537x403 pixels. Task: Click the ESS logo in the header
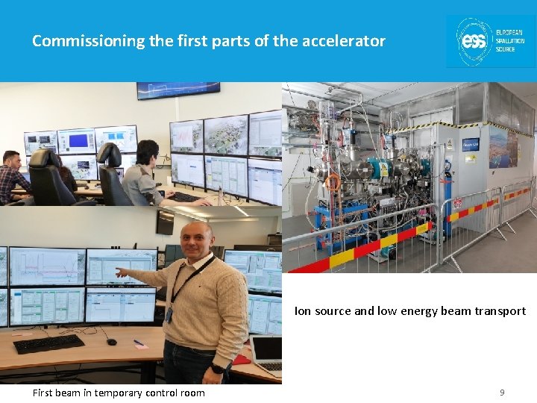tap(490, 42)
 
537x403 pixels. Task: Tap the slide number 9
tap(502, 392)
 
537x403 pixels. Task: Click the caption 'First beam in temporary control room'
tap(119, 393)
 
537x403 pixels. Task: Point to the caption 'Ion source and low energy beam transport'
tap(409, 311)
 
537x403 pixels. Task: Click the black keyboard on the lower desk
tap(49, 343)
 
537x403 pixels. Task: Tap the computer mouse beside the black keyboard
tap(111, 341)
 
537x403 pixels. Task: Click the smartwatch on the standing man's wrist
tap(216, 368)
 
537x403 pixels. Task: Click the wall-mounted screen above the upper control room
tap(178, 90)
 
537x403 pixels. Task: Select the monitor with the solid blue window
tap(76, 140)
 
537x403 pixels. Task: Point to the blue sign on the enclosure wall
tap(471, 144)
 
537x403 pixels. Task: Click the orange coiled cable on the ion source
tap(333, 181)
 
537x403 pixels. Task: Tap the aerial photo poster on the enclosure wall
tap(503, 146)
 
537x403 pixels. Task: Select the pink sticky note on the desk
tap(139, 343)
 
